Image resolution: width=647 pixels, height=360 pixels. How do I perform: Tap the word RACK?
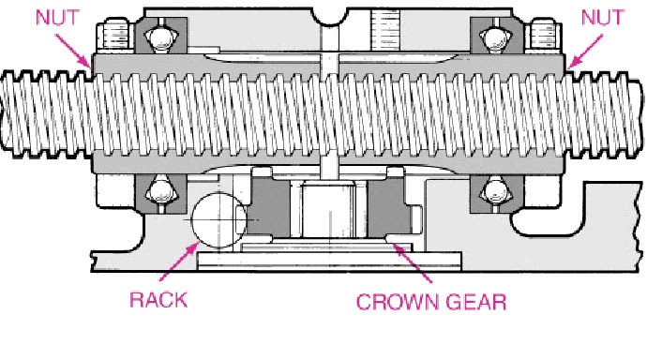tap(158, 300)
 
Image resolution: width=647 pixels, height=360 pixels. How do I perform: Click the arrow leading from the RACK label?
tap(178, 265)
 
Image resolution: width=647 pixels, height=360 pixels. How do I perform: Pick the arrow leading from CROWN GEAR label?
tap(413, 265)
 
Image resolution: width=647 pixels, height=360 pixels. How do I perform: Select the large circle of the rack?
tap(218, 222)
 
